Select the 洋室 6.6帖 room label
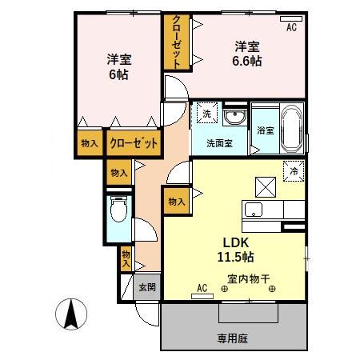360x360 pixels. pos(246,53)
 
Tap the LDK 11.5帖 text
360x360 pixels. pos(232,249)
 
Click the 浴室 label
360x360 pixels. pos(265,130)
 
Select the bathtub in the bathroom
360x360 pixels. pos(290,128)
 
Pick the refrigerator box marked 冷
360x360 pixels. pos(293,170)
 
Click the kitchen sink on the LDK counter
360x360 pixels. pos(253,210)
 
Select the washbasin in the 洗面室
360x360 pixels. pos(234,119)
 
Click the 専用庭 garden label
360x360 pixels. pos(233,338)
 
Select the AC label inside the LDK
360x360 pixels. pos(202,286)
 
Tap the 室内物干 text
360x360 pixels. pos(249,279)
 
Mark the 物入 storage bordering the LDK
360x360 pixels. pos(176,203)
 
